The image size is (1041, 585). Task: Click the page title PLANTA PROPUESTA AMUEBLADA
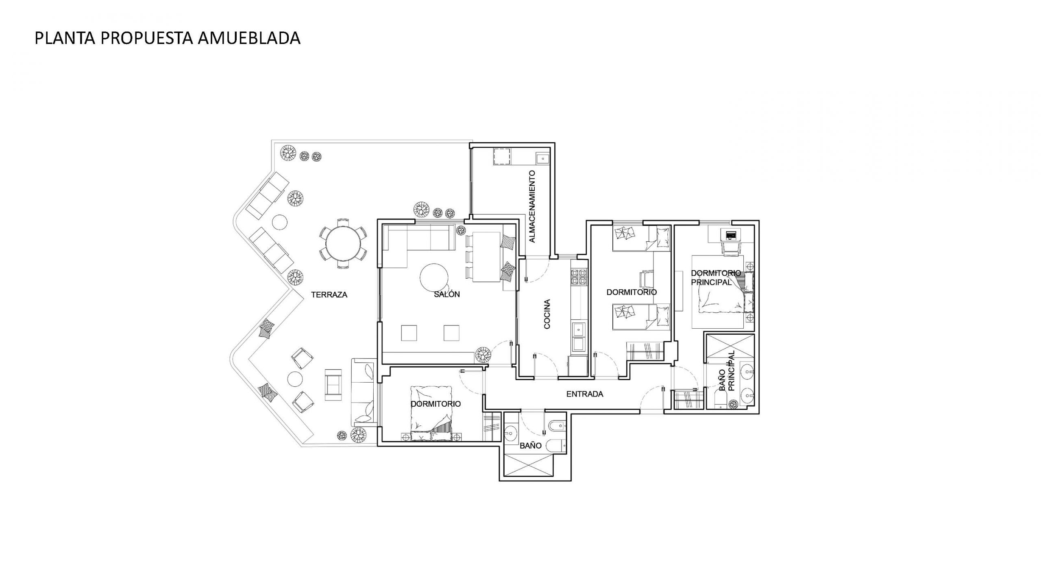pyautogui.click(x=168, y=38)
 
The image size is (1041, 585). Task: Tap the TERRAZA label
pyautogui.click(x=329, y=295)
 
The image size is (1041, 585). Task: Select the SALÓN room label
pyautogui.click(x=447, y=294)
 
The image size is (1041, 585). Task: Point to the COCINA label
pyautogui.click(x=547, y=314)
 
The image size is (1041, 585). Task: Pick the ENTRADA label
pyautogui.click(x=585, y=394)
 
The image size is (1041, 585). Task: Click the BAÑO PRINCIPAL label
pyautogui.click(x=727, y=371)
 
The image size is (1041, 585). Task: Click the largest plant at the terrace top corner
pyautogui.click(x=288, y=154)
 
